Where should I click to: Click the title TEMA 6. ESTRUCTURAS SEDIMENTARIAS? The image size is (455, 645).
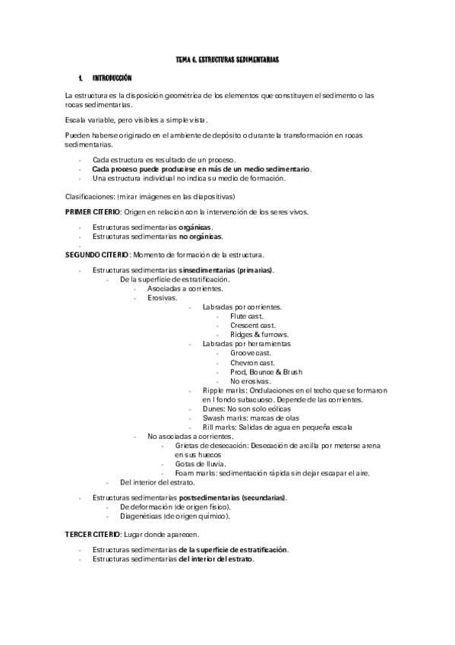[227, 59]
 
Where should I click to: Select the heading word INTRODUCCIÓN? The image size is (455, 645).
[112, 78]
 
